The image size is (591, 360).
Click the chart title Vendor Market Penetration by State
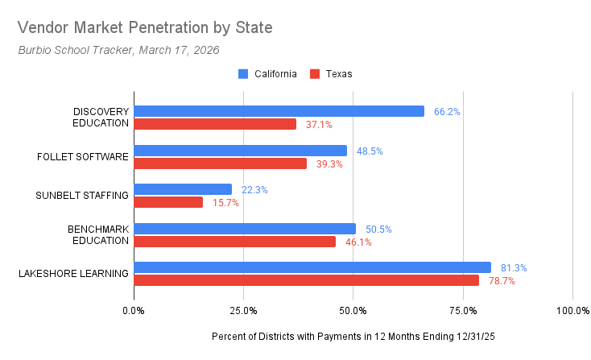pyautogui.click(x=145, y=27)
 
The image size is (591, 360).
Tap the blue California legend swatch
pyautogui.click(x=243, y=73)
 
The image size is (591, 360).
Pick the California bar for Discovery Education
pyautogui.click(x=279, y=111)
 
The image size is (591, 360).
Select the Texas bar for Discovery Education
pyautogui.click(x=215, y=124)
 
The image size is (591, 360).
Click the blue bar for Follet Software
pyautogui.click(x=240, y=151)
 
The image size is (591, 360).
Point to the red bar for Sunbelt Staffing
pyautogui.click(x=168, y=202)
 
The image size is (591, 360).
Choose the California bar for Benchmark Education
pyautogui.click(x=245, y=229)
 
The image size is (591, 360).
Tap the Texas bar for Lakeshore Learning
pyautogui.click(x=306, y=280)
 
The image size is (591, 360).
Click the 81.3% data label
pyautogui.click(x=515, y=268)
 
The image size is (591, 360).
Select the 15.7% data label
pyautogui.click(x=225, y=203)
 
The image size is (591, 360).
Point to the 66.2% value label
pyautogui.click(x=447, y=112)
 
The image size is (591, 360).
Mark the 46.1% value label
pyautogui.click(x=358, y=242)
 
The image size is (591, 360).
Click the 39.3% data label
pyautogui.click(x=329, y=164)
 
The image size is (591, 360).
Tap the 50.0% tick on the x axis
pyautogui.click(x=353, y=310)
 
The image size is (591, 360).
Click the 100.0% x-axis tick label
pyautogui.click(x=572, y=310)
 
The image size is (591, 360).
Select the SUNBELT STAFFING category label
pyautogui.click(x=82, y=196)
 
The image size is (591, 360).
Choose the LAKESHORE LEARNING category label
pyautogui.click(x=73, y=274)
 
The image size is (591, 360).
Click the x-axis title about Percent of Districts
pyautogui.click(x=353, y=336)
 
